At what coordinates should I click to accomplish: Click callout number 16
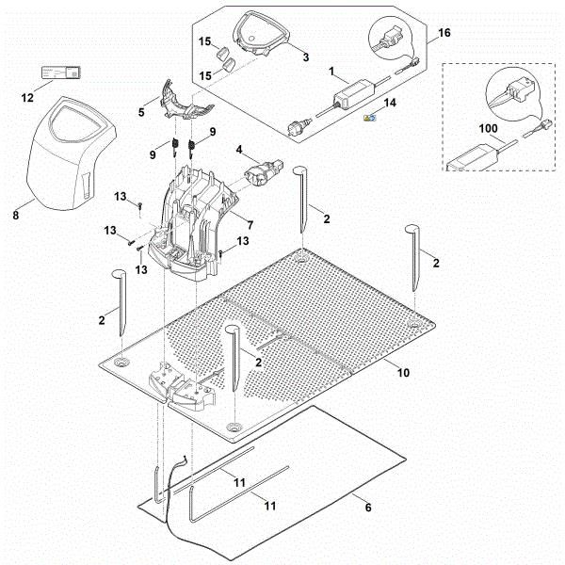pos(444,32)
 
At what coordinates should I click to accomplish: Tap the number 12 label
pos(26,97)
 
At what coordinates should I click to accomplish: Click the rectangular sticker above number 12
pos(57,73)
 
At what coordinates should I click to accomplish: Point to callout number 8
pos(15,216)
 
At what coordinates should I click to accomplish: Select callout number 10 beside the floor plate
pos(402,373)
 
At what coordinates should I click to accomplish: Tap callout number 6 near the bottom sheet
pos(367,508)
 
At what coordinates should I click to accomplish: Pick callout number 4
pos(240,149)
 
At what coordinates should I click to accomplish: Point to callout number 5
pos(142,111)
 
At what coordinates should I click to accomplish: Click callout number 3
pos(304,57)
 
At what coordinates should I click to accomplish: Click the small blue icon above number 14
pos(371,118)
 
